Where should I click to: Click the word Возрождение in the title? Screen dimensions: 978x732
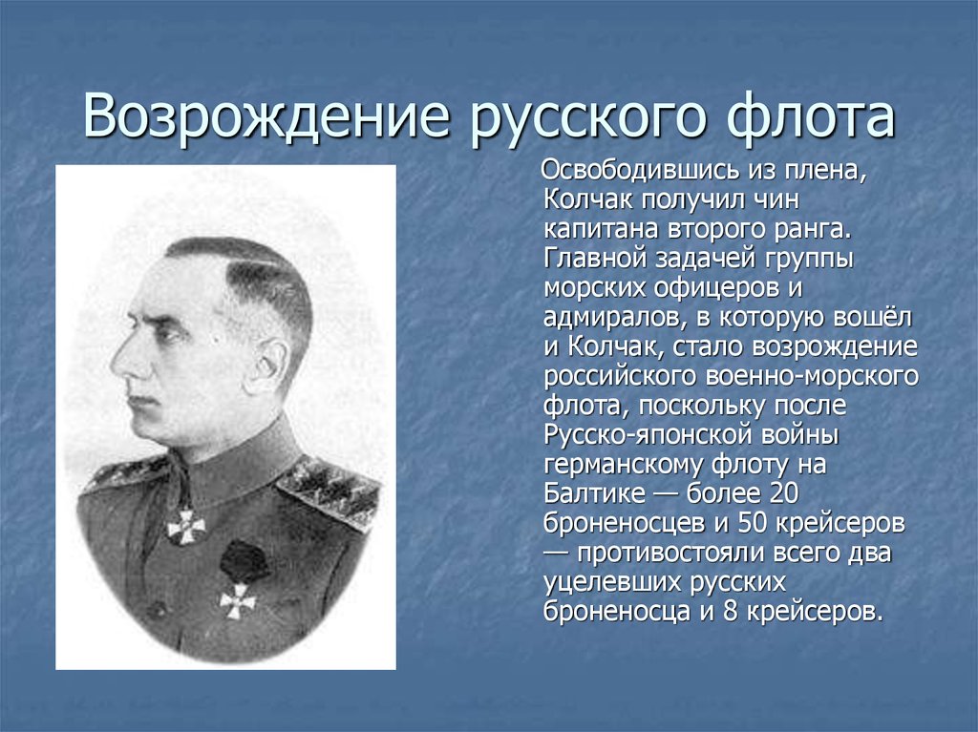coord(266,116)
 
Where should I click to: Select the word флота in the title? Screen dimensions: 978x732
coord(812,117)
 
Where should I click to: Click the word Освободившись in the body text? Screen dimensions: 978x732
coord(640,170)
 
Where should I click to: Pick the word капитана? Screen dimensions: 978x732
coord(602,229)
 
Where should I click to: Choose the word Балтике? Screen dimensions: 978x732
coord(594,493)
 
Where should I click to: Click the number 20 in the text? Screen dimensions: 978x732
coord(784,493)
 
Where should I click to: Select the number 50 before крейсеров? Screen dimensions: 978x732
coord(753,522)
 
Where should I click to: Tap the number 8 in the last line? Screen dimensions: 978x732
coord(731,611)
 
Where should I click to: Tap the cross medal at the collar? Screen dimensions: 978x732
coord(186,527)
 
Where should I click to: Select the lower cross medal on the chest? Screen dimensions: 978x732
coord(238,601)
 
